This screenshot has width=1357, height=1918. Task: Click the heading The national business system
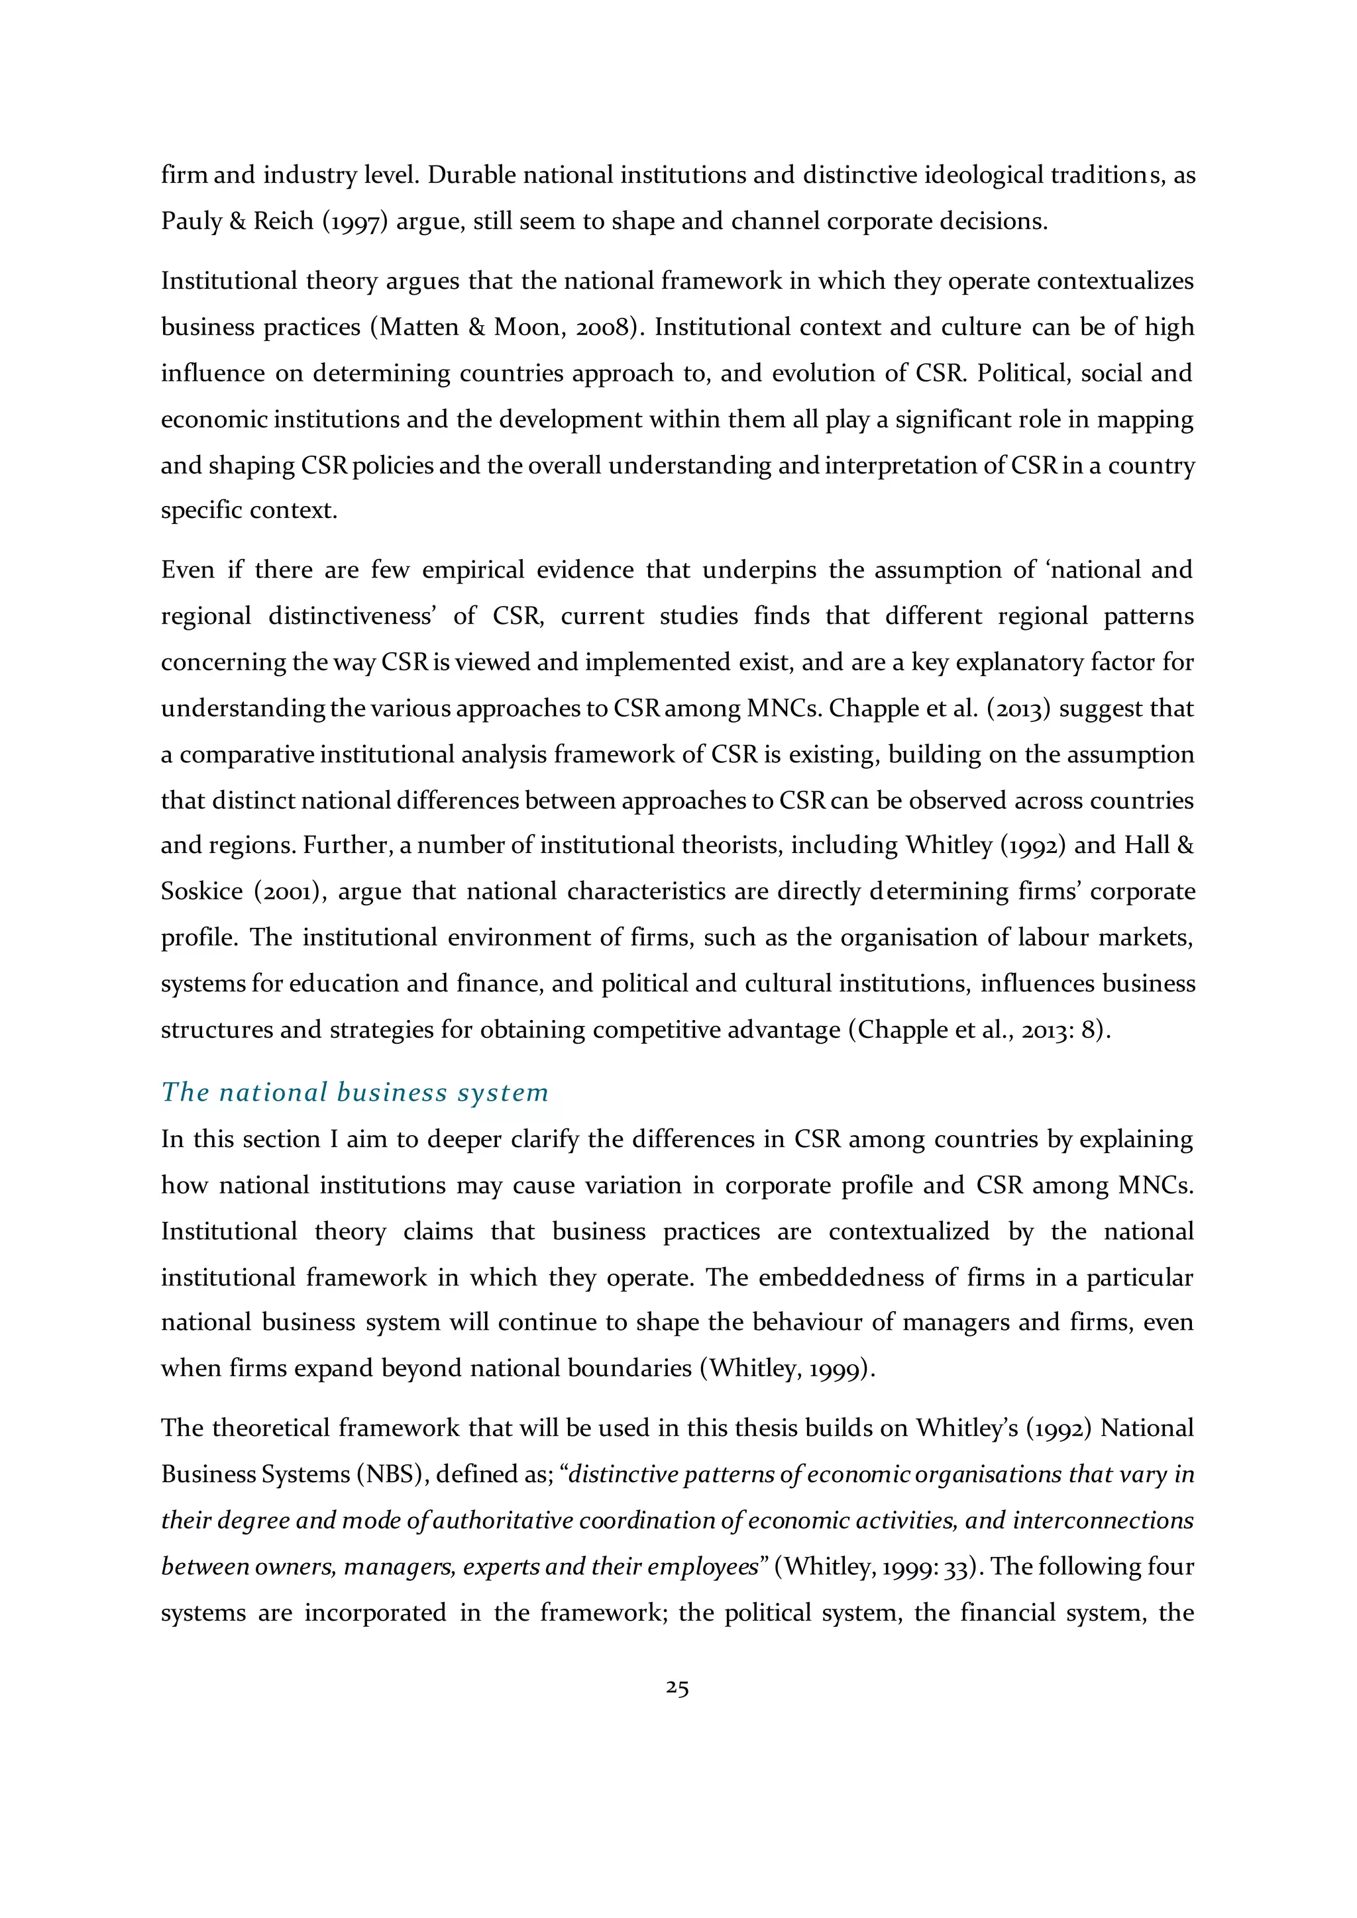[x=354, y=1092]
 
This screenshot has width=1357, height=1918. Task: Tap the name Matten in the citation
[x=419, y=327]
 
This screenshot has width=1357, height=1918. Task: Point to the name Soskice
[x=201, y=891]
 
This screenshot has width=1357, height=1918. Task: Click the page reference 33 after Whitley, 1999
[x=954, y=1566]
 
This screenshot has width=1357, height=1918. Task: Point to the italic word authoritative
[x=502, y=1521]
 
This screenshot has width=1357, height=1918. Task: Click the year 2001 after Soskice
[x=291, y=891]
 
